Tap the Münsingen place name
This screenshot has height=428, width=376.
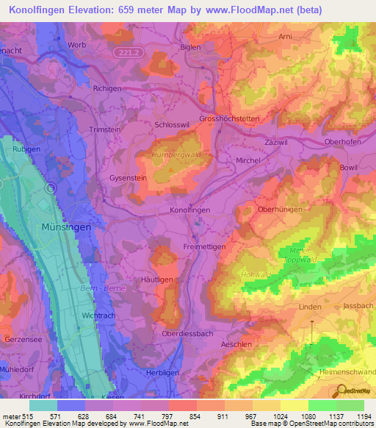(67, 227)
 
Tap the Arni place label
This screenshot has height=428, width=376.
(286, 35)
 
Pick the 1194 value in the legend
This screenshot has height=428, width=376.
(361, 417)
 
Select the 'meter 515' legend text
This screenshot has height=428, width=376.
(17, 417)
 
